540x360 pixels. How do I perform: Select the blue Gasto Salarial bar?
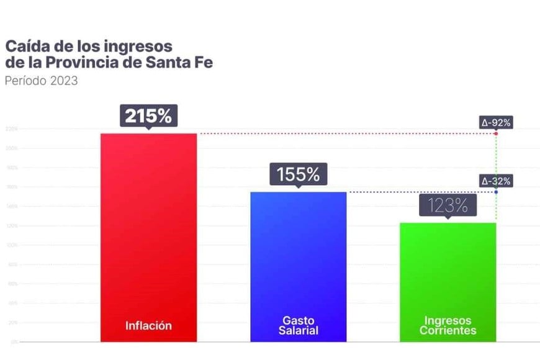pos(298,261)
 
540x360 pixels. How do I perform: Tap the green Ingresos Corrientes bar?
pos(448,273)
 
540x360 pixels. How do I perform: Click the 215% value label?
pos(148,115)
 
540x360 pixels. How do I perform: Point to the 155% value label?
pos(298,174)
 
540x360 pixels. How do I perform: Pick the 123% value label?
pos(448,205)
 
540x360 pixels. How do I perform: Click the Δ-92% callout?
pos(496,123)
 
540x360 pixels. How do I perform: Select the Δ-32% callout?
pos(496,181)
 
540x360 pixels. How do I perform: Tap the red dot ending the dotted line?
pos(496,133)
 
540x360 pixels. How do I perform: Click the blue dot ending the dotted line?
pos(496,192)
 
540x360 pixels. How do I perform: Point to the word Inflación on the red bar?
pos(148,325)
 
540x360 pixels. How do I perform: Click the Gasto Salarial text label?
pos(298,325)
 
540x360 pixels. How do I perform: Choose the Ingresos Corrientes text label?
pos(448,325)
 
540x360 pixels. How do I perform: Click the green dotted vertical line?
pos(496,161)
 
